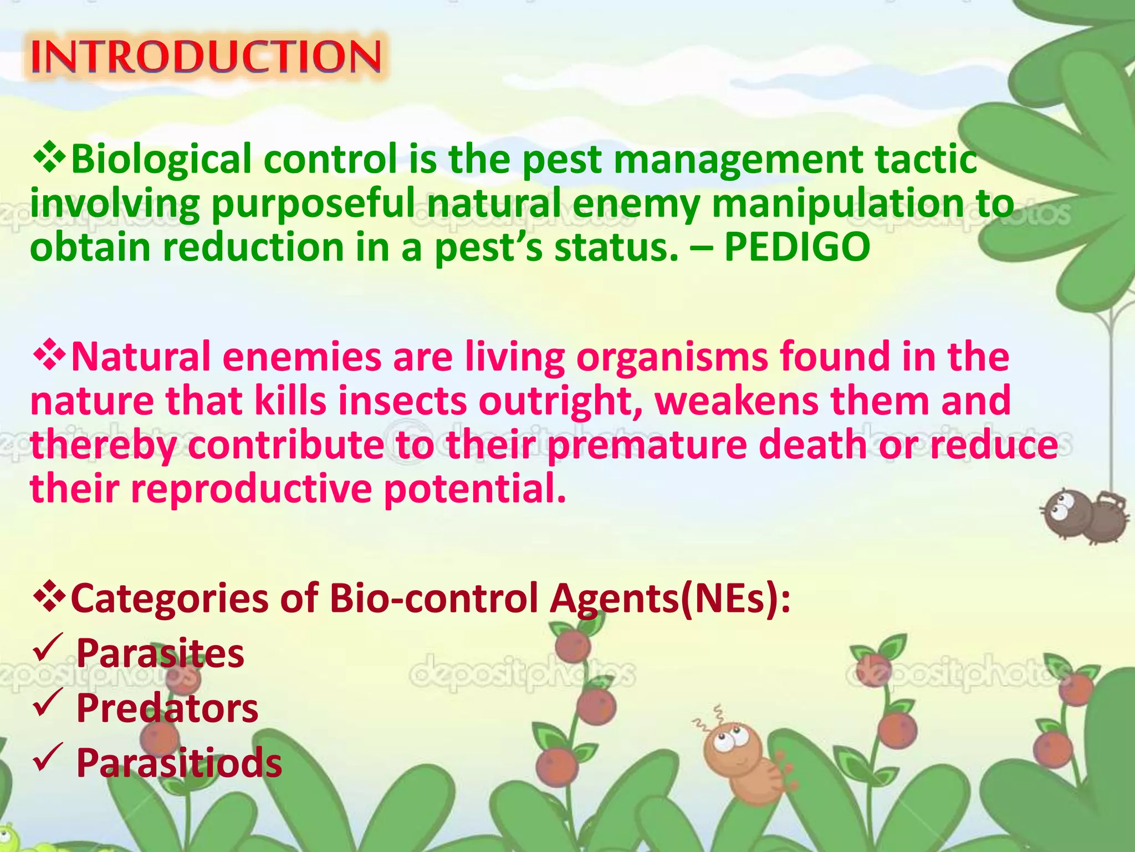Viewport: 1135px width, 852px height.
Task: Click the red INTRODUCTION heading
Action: tap(206, 57)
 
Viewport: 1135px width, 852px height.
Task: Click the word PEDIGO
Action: tap(797, 247)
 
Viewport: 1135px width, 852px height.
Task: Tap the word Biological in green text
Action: tap(161, 160)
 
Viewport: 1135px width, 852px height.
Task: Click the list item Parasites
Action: tap(160, 653)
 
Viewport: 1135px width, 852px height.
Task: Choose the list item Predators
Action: tap(167, 708)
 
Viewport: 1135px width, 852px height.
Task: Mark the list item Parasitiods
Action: tap(179, 763)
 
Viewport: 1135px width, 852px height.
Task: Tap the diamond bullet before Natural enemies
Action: tap(50, 356)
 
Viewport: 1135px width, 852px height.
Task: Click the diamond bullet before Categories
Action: tap(50, 597)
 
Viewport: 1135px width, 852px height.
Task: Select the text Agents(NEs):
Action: tap(670, 599)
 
